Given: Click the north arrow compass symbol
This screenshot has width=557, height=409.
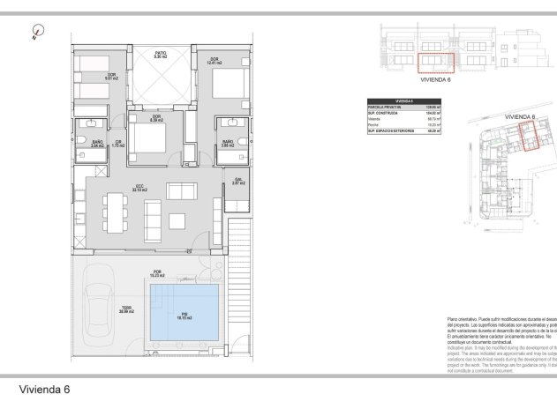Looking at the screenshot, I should [35, 34].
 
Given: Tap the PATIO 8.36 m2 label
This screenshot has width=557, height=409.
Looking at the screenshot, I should [161, 55].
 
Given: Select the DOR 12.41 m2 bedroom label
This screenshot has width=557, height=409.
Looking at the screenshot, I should [214, 61].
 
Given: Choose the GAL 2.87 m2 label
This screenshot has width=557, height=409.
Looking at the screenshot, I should [237, 182].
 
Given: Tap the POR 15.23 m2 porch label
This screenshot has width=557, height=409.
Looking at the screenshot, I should [158, 272].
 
